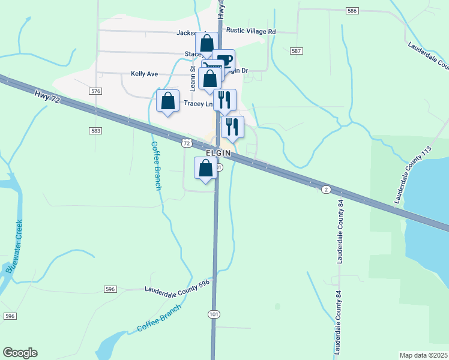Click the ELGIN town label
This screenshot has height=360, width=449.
coord(218,153)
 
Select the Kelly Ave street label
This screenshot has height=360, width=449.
coord(144,74)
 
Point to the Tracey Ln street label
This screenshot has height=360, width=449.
coord(199,104)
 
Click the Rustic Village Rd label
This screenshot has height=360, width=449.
coord(250,31)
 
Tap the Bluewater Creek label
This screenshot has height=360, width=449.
coord(14,247)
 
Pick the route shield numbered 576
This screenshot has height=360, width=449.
coord(95,91)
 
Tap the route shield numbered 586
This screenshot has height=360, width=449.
coord(352,11)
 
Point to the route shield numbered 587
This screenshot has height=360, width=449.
coord(295,51)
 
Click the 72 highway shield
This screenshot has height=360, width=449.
coord(186,143)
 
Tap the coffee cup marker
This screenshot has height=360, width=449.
coord(224,60)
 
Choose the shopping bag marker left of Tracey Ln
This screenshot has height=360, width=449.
coord(167,101)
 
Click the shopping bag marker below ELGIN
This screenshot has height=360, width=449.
coord(205,168)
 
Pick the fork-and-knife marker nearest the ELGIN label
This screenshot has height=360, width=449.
coord(232,127)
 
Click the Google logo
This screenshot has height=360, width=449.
coord(20,353)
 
